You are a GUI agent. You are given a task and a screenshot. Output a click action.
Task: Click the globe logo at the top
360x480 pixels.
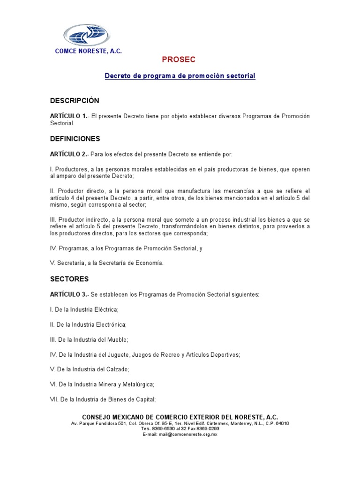tap(86, 36)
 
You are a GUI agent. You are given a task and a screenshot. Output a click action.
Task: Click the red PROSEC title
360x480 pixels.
tap(178, 60)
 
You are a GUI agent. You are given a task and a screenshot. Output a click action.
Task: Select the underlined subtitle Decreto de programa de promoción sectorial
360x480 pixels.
tap(180, 76)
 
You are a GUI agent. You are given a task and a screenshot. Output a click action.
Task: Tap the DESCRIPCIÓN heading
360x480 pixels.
tap(75, 101)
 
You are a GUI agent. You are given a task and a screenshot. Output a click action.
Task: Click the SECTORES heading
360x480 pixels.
tap(69, 279)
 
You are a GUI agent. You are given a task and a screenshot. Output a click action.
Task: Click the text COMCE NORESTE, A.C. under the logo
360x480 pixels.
tap(89, 51)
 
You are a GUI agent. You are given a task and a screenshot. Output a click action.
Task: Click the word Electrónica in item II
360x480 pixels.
tap(110, 324)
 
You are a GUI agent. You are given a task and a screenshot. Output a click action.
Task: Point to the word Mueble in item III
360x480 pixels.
tap(118, 339)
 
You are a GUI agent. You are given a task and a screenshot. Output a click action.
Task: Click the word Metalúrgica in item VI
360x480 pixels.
tap(137, 384)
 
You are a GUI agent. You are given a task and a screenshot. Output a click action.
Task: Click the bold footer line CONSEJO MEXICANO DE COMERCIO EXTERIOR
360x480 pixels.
tap(180, 417)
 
